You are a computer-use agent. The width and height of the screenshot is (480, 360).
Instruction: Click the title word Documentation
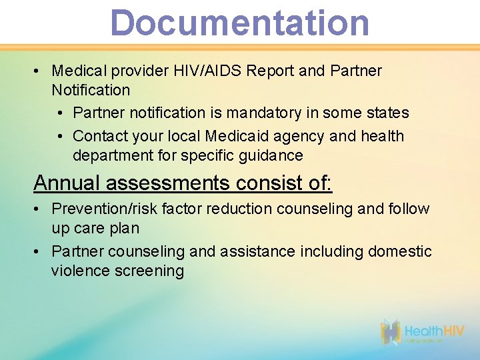pyautogui.click(x=239, y=23)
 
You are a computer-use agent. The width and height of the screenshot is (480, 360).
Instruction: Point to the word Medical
pyautogui.click(x=79, y=71)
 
